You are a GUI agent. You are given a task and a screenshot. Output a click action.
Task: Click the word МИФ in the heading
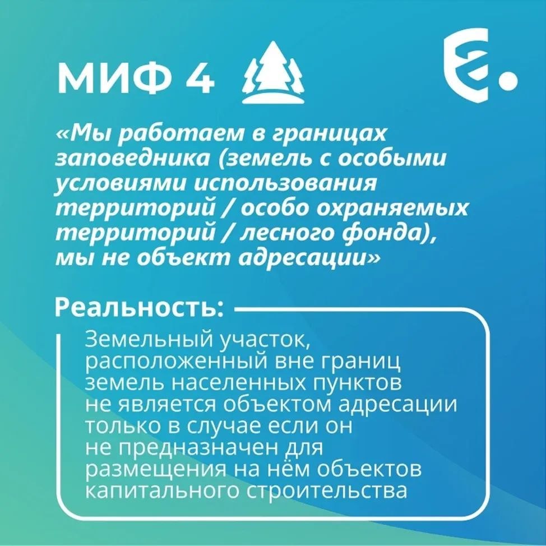(x=115, y=80)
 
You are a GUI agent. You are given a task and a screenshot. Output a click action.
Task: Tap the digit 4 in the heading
(x=200, y=80)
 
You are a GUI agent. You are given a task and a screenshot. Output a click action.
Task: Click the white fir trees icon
(x=273, y=72)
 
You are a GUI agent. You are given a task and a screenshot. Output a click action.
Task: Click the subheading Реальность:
(x=139, y=308)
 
